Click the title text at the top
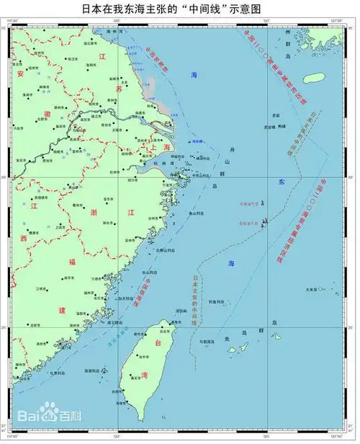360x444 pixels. pyautogui.click(x=180, y=9)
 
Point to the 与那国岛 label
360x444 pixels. pyautogui.click(x=209, y=341)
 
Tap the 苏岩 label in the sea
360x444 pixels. pyautogui.click(x=275, y=115)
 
